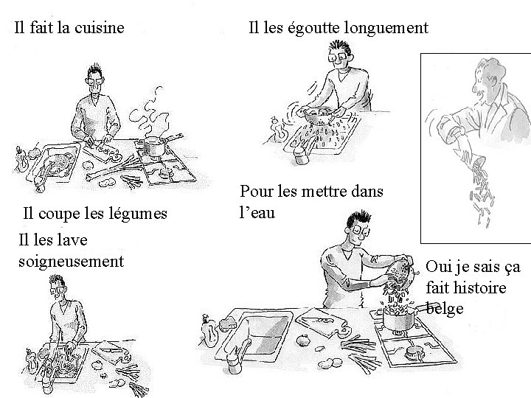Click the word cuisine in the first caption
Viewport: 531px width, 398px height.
tap(100, 27)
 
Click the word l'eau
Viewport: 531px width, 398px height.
tap(257, 213)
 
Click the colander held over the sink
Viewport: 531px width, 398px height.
tap(319, 115)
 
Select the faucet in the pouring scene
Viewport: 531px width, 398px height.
tap(237, 355)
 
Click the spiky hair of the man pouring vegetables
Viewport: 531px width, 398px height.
tap(359, 219)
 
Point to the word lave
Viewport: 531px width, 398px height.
tap(72, 240)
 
